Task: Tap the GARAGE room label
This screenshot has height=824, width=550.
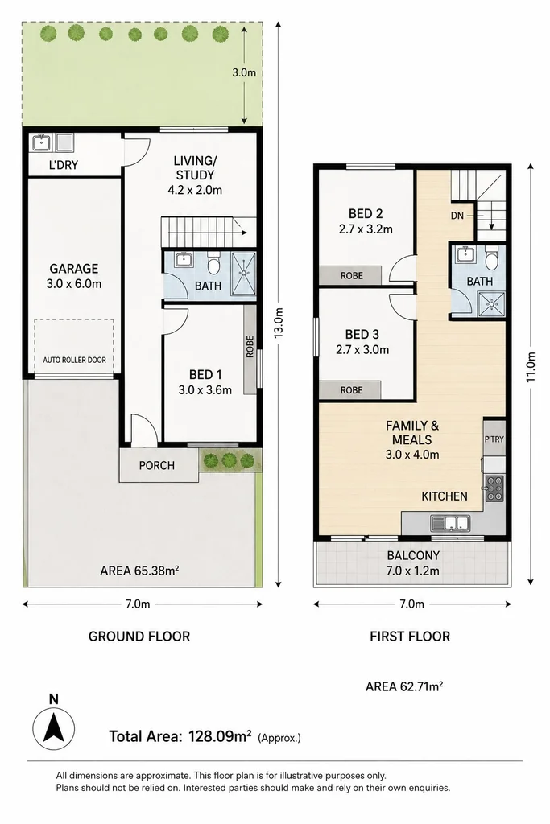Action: pyautogui.click(x=73, y=269)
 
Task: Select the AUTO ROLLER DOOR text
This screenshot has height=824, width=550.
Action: pyautogui.click(x=74, y=360)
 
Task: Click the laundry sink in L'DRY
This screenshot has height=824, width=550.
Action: pyautogui.click(x=40, y=142)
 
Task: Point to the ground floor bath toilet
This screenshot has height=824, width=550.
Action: pyautogui.click(x=213, y=263)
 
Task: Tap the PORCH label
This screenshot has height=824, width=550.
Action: pyautogui.click(x=157, y=466)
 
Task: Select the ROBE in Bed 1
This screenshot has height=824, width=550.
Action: pyautogui.click(x=250, y=346)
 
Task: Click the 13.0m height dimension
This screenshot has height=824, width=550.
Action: pyautogui.click(x=279, y=322)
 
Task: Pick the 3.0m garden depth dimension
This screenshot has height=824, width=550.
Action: pyautogui.click(x=244, y=72)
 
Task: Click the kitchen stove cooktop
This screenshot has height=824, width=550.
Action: pyautogui.click(x=494, y=488)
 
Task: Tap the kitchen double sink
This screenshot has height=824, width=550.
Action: pyautogui.click(x=449, y=523)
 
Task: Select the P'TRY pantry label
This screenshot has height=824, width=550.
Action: pyautogui.click(x=494, y=439)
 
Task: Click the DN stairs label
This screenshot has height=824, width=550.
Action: pyautogui.click(x=457, y=216)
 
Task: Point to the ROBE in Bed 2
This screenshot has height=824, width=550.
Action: pyautogui.click(x=351, y=276)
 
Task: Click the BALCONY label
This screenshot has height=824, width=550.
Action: pyautogui.click(x=413, y=555)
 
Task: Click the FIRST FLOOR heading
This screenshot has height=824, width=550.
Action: pyautogui.click(x=410, y=637)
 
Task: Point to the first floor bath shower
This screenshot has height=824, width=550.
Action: pyautogui.click(x=491, y=303)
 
